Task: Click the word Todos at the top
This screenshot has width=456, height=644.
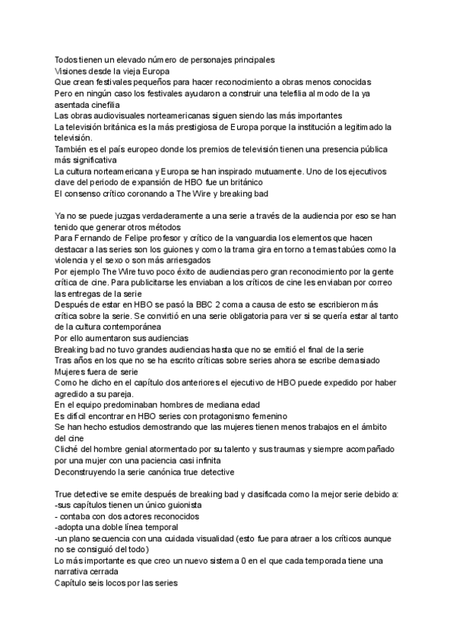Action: (x=67, y=59)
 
